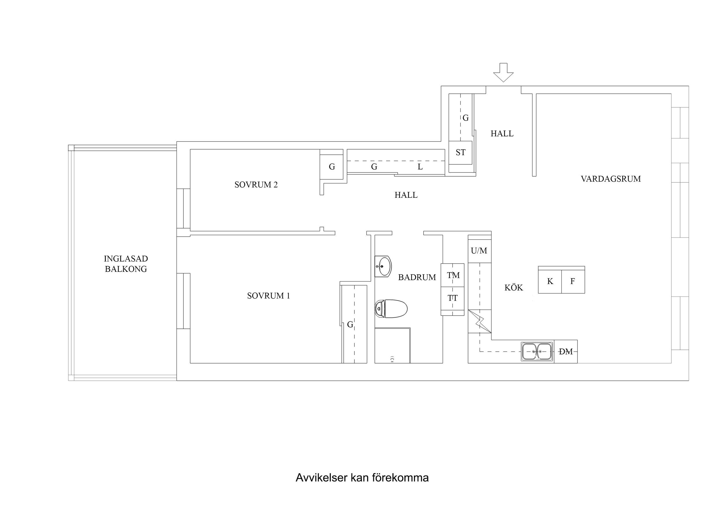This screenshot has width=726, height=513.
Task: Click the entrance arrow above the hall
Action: click(x=503, y=72)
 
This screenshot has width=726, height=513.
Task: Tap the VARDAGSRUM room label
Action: click(x=611, y=179)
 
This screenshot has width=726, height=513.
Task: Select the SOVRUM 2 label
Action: click(x=256, y=185)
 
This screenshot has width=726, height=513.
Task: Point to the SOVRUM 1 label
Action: click(x=268, y=296)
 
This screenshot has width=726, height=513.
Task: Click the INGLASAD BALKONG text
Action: click(x=126, y=264)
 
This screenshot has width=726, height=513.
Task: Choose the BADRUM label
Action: click(x=417, y=278)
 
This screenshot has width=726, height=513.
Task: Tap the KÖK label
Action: click(x=514, y=288)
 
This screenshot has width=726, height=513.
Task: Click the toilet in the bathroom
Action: click(x=391, y=309)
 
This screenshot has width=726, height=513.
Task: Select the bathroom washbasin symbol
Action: click(x=383, y=266)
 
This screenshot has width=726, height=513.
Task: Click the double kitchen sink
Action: click(x=537, y=352)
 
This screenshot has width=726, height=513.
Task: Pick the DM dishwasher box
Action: click(x=566, y=352)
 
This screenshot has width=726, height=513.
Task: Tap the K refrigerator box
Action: click(x=550, y=282)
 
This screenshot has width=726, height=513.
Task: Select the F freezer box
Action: click(x=573, y=282)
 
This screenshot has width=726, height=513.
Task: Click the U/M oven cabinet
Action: click(x=479, y=251)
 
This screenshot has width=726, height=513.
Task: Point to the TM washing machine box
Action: click(x=453, y=275)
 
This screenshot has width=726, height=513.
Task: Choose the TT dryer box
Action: click(x=453, y=298)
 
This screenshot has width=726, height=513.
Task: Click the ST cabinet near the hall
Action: click(x=460, y=153)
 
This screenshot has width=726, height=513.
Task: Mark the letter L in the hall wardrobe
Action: click(x=420, y=167)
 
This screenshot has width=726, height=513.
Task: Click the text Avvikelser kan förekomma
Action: click(x=362, y=478)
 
